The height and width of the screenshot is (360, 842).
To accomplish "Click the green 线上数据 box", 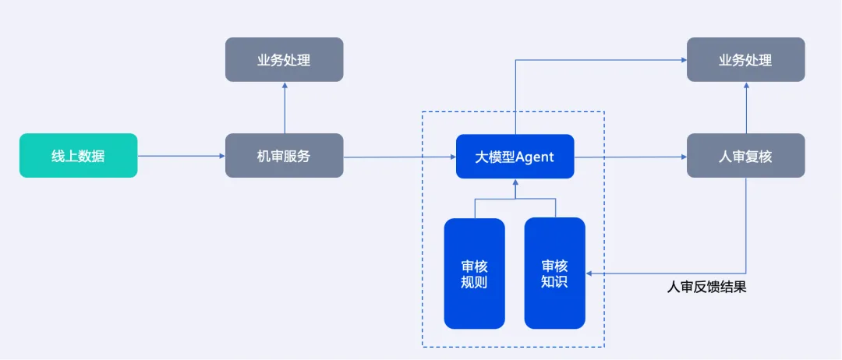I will pos(78,156).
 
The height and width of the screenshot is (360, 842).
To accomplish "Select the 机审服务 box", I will pos(284,156).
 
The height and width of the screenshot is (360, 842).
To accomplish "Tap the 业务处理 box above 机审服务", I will pos(284,60).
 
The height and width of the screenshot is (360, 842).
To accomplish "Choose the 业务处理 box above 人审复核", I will pos(745,60).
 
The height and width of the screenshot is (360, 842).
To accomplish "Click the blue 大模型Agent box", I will pos(515,157).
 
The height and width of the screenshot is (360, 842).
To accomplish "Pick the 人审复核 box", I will pos(745,156).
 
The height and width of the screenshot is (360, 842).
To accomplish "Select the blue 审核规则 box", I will pos(474,274).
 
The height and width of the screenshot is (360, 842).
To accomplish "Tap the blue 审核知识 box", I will pos(554,274).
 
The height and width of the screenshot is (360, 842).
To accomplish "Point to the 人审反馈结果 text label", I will pos(706,288).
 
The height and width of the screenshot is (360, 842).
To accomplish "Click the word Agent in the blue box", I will pos(534,157).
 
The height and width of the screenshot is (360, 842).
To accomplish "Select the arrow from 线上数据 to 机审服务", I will pos(181,156).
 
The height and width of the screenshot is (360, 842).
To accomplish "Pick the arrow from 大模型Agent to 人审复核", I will pos(630,157).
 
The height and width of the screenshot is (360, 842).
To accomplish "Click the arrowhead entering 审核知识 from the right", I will pos(589,274).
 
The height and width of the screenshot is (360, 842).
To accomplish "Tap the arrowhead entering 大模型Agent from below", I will pos(515,182).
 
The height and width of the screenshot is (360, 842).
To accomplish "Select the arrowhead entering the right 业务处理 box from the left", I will pos(683,60).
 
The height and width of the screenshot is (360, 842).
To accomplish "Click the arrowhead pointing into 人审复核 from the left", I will pos(683,157).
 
